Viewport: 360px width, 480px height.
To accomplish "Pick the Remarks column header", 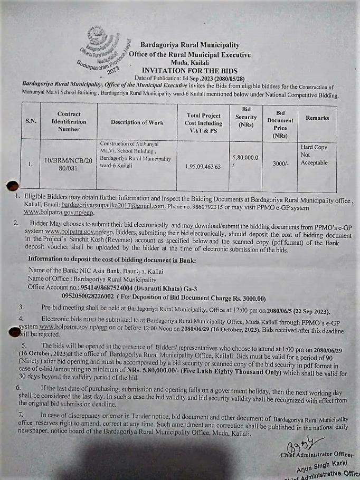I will click(317, 118).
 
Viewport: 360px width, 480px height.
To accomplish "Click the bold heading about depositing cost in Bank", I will click(112, 260).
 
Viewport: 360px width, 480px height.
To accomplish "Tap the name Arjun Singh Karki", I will click(319, 464).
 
